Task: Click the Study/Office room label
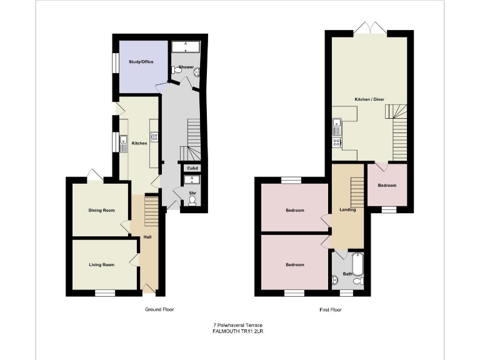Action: coord(141,62)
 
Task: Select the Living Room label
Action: coord(101,265)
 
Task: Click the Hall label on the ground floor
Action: coord(147,237)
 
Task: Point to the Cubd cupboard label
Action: coord(192,168)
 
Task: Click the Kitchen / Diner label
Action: coord(368,99)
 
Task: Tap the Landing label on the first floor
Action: coord(347,209)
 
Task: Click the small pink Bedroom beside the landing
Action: coord(386,185)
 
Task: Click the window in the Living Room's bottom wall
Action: coord(105,292)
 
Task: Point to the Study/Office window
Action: coord(115,63)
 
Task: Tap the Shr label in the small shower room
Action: coord(192,194)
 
